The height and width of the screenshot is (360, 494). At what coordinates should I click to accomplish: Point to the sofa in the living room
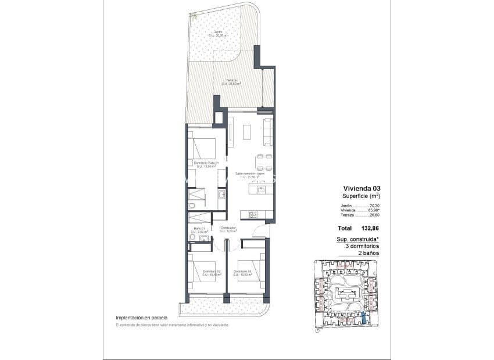(268, 132)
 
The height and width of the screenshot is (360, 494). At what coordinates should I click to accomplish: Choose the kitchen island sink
(261, 189)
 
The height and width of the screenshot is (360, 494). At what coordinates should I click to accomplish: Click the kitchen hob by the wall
(253, 214)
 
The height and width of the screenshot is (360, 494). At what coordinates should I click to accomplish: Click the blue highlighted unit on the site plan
(364, 316)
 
